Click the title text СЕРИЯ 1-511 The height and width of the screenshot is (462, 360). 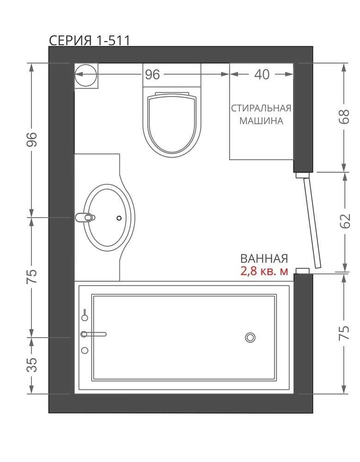tap(89, 40)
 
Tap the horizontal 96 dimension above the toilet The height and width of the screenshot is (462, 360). tap(153, 74)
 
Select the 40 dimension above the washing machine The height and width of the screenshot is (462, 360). tap(262, 74)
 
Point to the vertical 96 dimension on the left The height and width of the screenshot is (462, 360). tap(32, 140)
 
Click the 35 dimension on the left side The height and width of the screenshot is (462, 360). tap(32, 365)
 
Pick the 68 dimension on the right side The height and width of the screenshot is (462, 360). tap(344, 117)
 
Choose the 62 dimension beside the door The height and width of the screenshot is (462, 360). tap(344, 221)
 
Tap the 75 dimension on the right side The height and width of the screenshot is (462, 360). tap(344, 333)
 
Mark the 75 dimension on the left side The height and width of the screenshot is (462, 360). tap(32, 276)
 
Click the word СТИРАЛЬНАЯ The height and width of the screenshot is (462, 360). tap(261, 109)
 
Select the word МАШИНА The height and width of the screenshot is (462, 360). tap(261, 121)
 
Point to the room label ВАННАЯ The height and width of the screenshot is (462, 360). tap(264, 259)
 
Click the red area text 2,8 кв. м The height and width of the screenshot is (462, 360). tap(264, 271)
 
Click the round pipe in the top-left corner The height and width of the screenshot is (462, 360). tap(85, 75)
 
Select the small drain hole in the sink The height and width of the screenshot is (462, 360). tap(119, 218)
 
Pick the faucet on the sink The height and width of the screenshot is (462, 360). tap(85, 218)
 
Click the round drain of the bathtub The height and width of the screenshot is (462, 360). tap(250, 338)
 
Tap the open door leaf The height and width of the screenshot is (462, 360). tap(312, 221)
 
